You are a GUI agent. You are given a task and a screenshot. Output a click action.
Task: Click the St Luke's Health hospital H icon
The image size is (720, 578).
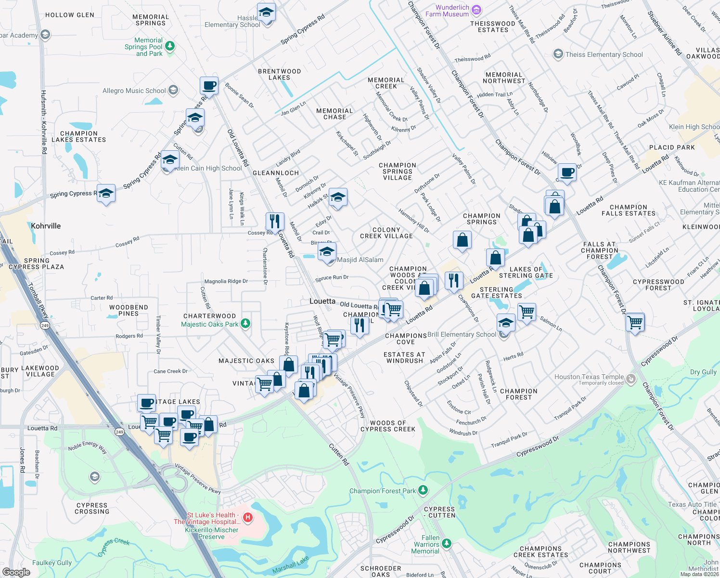tap(248, 518)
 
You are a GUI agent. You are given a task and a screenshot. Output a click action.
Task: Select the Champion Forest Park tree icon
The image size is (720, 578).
tap(423, 490)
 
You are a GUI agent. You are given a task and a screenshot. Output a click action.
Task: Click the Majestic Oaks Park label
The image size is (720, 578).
tap(209, 324)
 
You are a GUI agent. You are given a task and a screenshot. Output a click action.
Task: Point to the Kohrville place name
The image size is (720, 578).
tap(46, 226)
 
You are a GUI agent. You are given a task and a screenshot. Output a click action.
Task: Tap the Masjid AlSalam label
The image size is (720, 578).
tap(360, 260)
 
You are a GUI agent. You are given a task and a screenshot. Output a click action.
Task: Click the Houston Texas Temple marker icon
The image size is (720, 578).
tap(631, 379)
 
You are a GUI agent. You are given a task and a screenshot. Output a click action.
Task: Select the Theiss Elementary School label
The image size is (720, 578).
tap(604, 54)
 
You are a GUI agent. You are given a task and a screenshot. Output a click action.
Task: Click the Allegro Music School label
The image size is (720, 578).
tap(134, 91)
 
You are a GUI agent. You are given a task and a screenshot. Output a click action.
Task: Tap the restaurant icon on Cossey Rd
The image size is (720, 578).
tap(275, 221)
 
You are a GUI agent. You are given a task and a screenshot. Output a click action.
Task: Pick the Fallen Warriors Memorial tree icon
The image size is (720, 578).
tap(447, 543)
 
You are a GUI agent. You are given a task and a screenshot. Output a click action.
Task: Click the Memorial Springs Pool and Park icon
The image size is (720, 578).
tap(169, 46)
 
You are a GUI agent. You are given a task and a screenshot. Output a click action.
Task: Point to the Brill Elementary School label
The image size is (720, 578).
tap(462, 334)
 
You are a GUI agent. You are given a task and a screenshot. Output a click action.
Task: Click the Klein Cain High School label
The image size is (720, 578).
tap(208, 168)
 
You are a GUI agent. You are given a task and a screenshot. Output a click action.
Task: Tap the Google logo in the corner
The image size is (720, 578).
tap(16, 572)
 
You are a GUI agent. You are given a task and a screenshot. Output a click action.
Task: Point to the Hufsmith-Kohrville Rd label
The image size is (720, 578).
tap(44, 122)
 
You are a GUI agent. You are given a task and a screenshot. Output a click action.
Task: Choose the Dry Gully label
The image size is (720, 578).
tap(703, 372)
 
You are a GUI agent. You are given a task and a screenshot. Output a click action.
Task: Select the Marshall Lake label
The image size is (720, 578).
tap(290, 565)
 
